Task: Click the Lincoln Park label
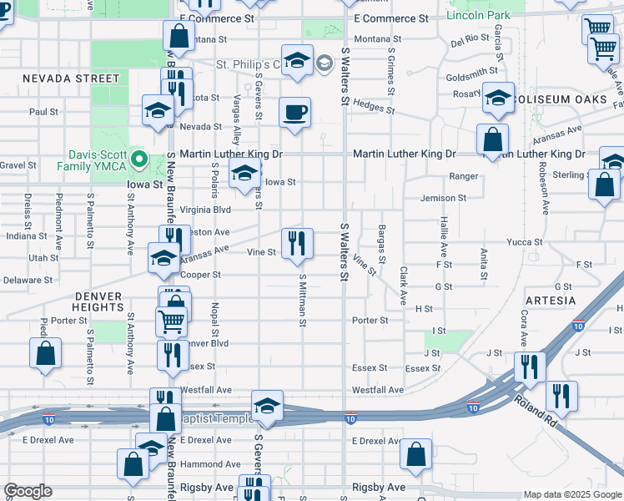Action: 478,15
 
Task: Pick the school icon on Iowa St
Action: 244,174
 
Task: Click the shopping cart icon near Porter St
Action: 171,320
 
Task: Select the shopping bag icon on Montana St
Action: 179,37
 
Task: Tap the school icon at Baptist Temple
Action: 267,407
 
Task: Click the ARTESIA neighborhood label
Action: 550,300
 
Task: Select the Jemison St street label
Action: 444,198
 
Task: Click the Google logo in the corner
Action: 28,491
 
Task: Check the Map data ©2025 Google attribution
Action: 571,494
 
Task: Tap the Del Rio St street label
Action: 470,40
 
